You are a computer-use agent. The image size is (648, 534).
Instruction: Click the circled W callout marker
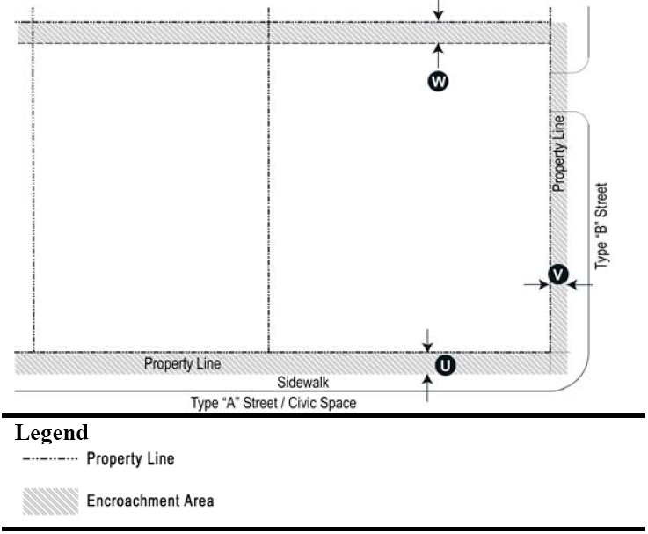coord(438,81)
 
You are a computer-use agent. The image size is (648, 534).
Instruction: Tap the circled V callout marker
coord(557,275)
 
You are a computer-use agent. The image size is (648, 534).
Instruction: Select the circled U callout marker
coord(446,364)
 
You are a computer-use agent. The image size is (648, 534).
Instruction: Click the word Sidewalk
coord(302,384)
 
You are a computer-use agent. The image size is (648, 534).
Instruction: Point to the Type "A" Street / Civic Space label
coord(275,404)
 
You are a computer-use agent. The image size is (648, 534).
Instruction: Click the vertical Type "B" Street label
coord(601,226)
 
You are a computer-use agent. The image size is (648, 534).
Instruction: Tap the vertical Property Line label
coord(558,155)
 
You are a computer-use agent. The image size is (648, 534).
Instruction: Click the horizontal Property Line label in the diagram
coord(183,363)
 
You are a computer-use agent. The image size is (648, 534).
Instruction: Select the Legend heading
coord(53,433)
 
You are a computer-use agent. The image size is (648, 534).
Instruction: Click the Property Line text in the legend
coord(130,458)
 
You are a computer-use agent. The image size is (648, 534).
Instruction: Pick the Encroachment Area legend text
coord(149,501)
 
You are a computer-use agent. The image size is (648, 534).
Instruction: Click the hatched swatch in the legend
coord(51,501)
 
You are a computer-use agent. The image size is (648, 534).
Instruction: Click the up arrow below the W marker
coord(438,53)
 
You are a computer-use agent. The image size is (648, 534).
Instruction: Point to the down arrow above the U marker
coord(428,340)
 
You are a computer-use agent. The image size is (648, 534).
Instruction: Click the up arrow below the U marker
coord(428,387)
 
